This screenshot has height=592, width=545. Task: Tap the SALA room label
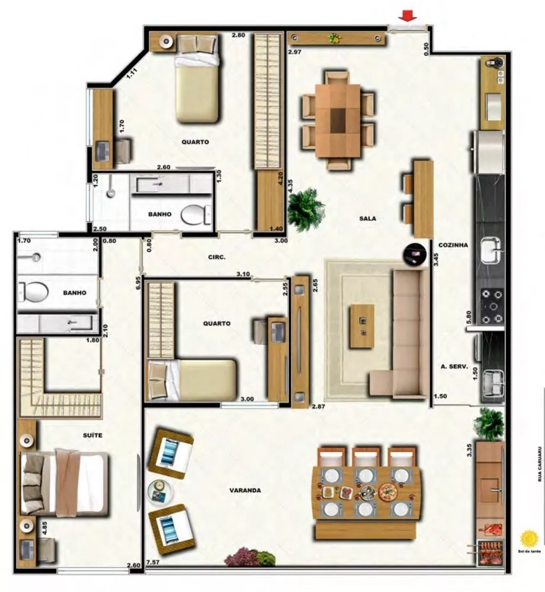(367, 218)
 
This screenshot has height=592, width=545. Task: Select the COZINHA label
(453, 244)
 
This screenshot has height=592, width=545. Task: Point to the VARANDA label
(245, 490)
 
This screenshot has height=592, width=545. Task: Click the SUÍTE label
(92, 435)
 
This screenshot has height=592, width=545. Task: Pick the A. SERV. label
(455, 367)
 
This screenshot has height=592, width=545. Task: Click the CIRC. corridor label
(216, 258)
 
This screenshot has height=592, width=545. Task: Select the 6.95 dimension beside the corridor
(138, 282)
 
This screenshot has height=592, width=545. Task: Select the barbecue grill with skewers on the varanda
(490, 549)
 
